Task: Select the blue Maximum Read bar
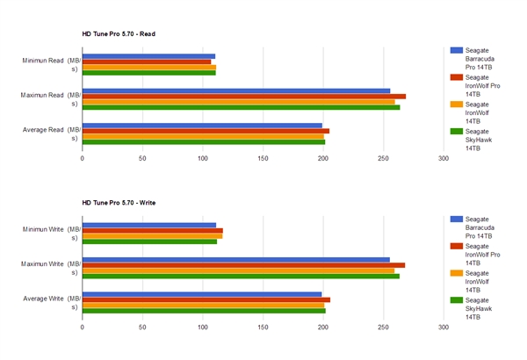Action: tap(236, 90)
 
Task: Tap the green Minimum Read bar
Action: tap(148, 72)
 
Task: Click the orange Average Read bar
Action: tap(203, 135)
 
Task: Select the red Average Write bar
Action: tap(206, 299)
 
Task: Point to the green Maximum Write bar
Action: tap(241, 276)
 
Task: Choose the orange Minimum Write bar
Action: tap(152, 235)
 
